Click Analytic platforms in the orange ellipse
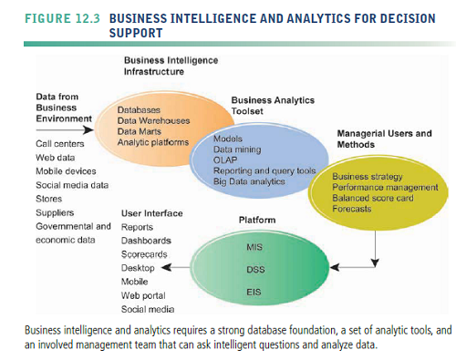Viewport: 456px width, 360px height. click(x=153, y=142)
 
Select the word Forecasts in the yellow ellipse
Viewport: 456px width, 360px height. click(x=352, y=209)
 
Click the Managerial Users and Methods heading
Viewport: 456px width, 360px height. click(x=383, y=139)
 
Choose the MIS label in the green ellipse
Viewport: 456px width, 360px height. click(x=255, y=247)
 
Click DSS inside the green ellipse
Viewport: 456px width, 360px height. click(x=255, y=270)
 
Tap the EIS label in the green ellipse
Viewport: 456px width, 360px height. click(x=254, y=292)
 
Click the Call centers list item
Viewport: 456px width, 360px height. click(x=59, y=144)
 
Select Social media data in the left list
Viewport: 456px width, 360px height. click(x=71, y=185)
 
